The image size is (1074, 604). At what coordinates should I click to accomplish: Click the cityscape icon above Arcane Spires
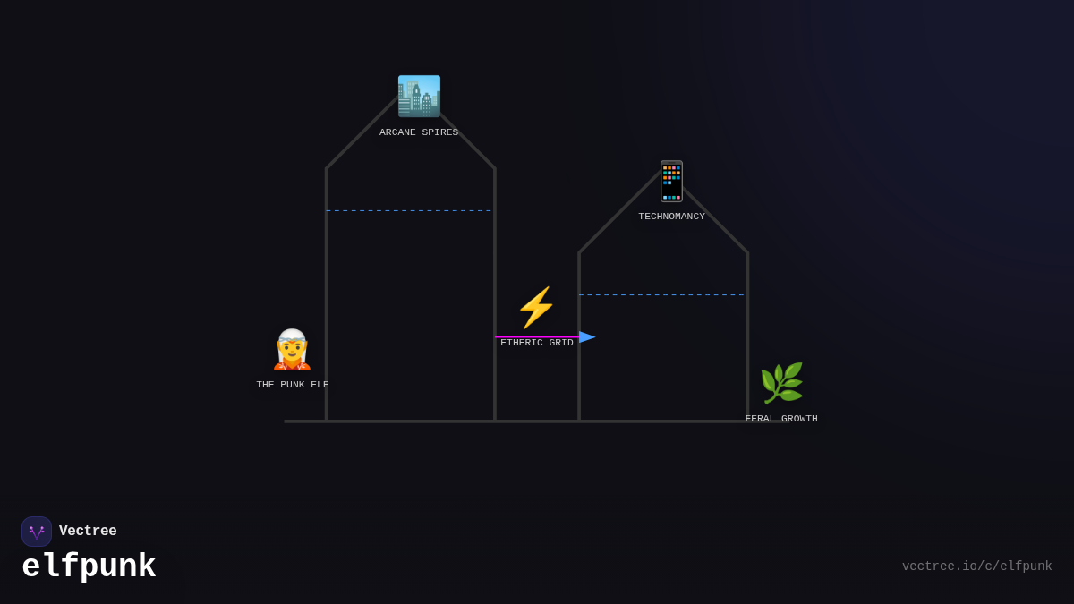pos(419,97)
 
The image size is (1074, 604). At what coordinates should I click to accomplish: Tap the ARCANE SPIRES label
pos(419,132)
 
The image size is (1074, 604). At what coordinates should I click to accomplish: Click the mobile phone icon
pos(671,181)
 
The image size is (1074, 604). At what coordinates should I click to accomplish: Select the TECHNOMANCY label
pos(671,217)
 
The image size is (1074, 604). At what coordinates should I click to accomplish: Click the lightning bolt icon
pos(536,308)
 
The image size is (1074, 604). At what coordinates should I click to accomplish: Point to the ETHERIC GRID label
pos(537,343)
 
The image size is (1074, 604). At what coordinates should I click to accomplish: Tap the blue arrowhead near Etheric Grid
pos(587,337)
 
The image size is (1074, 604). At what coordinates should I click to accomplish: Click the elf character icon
pos(292,350)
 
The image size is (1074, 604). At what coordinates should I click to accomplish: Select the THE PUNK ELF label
pos(293,385)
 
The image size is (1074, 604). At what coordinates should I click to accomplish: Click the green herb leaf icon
pos(781,384)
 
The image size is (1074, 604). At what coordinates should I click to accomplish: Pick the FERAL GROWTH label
pos(781,419)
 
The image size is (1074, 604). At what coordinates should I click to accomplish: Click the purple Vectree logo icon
pos(37,532)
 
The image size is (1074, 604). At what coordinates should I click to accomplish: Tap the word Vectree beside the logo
pos(88,532)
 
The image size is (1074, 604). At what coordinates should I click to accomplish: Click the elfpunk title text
pos(89,567)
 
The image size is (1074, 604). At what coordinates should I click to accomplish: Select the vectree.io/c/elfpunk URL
pos(976,566)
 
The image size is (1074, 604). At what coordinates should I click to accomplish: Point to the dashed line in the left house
pos(410,211)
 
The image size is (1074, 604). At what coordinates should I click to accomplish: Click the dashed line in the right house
pos(662,295)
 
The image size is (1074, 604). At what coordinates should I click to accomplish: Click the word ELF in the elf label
pos(320,385)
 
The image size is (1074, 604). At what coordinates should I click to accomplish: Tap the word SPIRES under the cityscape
pos(439,132)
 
